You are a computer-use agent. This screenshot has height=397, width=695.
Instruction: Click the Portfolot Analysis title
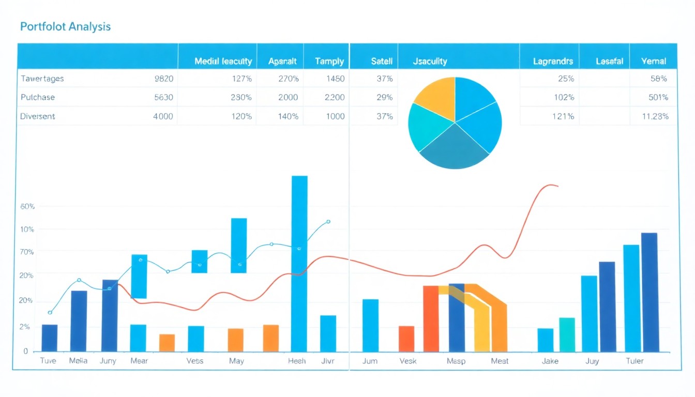pyautogui.click(x=65, y=27)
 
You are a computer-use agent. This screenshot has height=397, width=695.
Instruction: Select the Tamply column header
pyautogui.click(x=329, y=61)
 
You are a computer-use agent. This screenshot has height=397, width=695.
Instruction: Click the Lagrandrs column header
pyautogui.click(x=553, y=61)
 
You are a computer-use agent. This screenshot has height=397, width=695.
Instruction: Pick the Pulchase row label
pyautogui.click(x=38, y=97)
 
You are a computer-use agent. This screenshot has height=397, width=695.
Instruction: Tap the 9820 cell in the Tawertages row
pyautogui.click(x=163, y=79)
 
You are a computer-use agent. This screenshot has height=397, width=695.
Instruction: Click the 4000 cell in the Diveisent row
pyautogui.click(x=163, y=116)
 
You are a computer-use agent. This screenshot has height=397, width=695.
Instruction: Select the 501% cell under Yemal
pyautogui.click(x=658, y=97)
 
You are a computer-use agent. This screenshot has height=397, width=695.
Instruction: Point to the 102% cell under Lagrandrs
pyautogui.click(x=563, y=97)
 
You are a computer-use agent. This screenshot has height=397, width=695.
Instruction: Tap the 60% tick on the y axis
pyautogui.click(x=27, y=207)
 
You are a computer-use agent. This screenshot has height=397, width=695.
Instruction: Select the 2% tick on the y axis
pyautogui.click(x=24, y=327)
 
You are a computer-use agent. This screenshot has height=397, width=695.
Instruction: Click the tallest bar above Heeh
pyautogui.click(x=299, y=264)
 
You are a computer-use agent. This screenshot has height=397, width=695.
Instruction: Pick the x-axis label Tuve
pyautogui.click(x=48, y=361)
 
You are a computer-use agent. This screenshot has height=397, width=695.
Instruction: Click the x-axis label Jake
pyautogui.click(x=550, y=361)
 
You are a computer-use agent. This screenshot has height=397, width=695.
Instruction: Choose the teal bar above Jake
pyautogui.click(x=567, y=334)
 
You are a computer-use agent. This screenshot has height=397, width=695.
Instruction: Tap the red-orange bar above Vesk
pyautogui.click(x=406, y=339)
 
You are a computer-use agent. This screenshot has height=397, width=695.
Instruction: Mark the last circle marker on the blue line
pyautogui.click(x=328, y=222)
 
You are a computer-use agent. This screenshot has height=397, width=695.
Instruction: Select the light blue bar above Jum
pyautogui.click(x=370, y=325)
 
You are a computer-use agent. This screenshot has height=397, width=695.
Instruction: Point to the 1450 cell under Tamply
pyautogui.click(x=335, y=79)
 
